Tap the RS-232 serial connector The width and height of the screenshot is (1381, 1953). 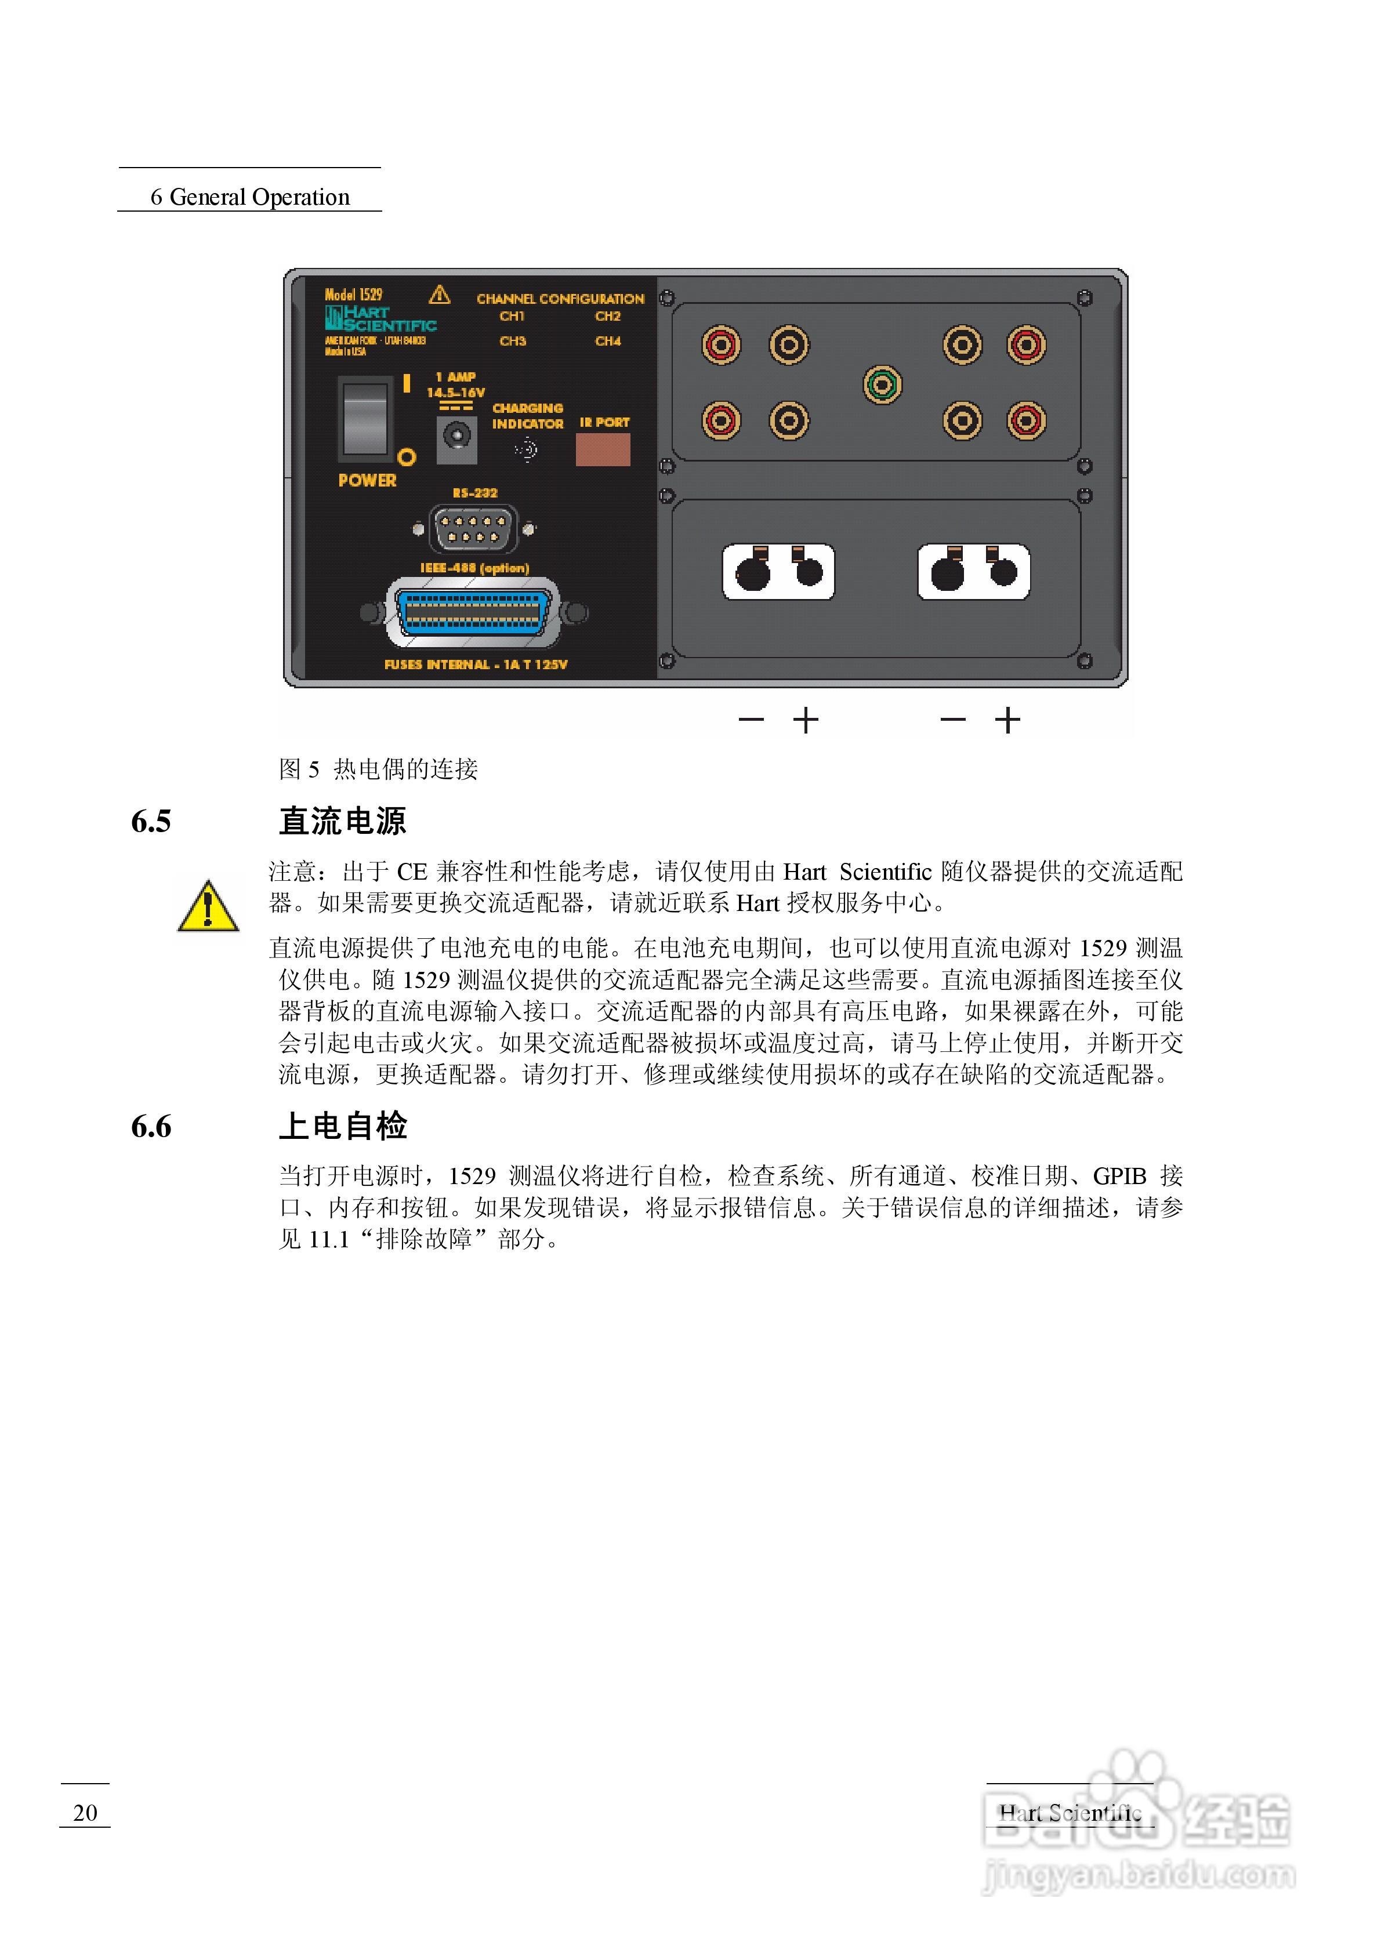(x=473, y=528)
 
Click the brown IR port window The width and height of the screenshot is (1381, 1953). (x=603, y=449)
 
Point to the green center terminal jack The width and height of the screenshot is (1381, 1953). (x=882, y=384)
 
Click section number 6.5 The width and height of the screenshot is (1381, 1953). (x=151, y=822)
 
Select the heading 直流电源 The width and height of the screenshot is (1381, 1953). (x=343, y=822)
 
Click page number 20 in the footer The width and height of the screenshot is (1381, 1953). (x=85, y=1813)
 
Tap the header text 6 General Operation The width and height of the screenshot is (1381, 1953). (x=250, y=197)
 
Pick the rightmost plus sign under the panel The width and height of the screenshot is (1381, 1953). (x=1007, y=720)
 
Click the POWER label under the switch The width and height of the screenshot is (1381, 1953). (x=367, y=481)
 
